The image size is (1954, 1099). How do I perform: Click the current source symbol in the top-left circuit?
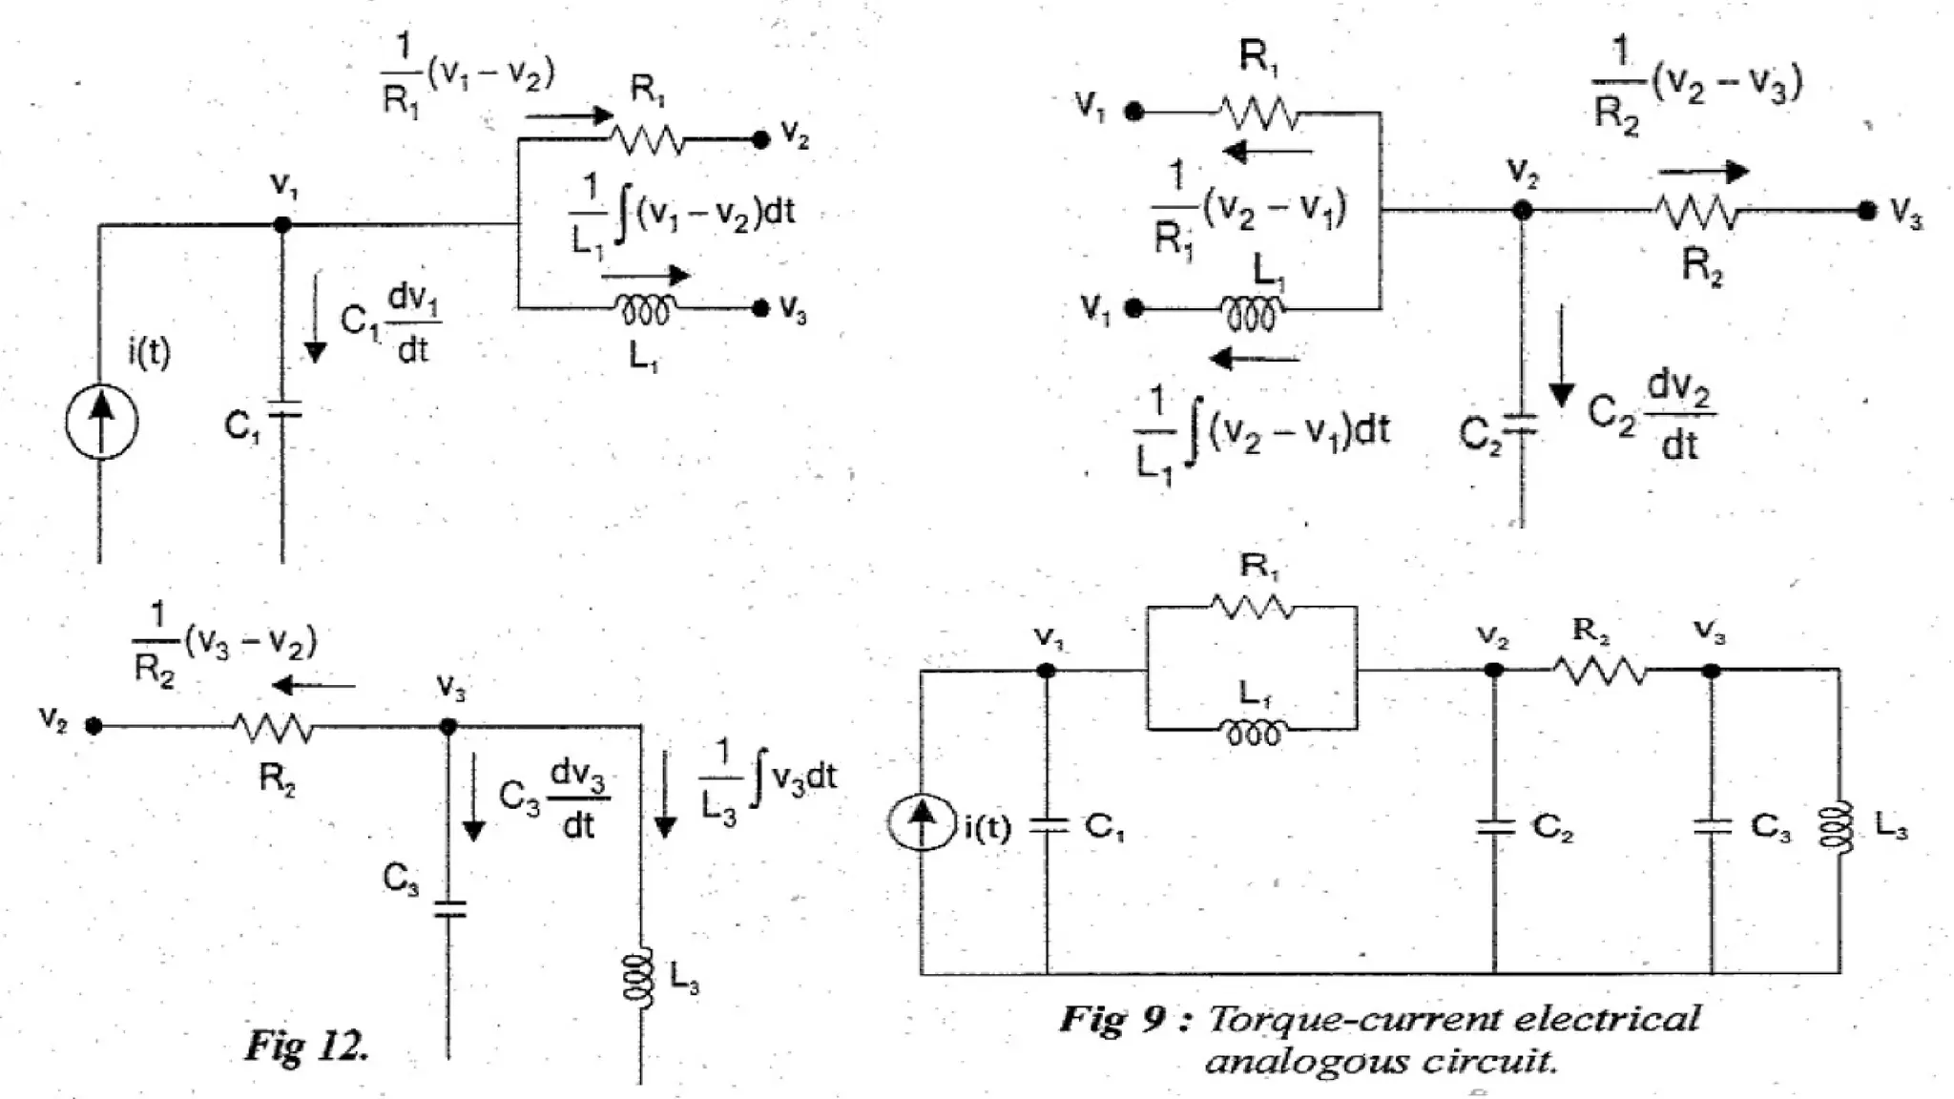pyautogui.click(x=102, y=422)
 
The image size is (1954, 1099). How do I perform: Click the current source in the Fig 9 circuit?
pyautogui.click(x=922, y=822)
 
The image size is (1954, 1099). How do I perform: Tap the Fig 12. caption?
pyautogui.click(x=307, y=1046)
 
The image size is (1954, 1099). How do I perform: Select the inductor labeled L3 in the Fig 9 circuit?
pyautogui.click(x=1839, y=826)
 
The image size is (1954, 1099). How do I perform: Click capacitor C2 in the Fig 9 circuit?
pyautogui.click(x=1494, y=826)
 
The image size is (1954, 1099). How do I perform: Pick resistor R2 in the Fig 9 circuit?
pyautogui.click(x=1600, y=671)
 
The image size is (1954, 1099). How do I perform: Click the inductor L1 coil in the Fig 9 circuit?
pyautogui.click(x=1253, y=733)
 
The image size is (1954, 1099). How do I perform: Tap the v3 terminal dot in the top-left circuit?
pyautogui.click(x=760, y=308)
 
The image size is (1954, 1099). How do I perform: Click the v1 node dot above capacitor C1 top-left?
pyautogui.click(x=282, y=225)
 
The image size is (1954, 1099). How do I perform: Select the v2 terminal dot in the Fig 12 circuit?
pyautogui.click(x=94, y=726)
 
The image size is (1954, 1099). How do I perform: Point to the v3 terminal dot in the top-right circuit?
pyautogui.click(x=1867, y=211)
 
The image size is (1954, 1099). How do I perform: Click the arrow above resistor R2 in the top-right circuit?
pyautogui.click(x=1703, y=172)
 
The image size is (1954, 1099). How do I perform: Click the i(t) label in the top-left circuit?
pyautogui.click(x=149, y=353)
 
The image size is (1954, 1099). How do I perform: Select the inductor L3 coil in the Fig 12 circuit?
pyautogui.click(x=639, y=978)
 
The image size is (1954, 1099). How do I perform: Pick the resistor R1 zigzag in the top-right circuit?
pyautogui.click(x=1259, y=114)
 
